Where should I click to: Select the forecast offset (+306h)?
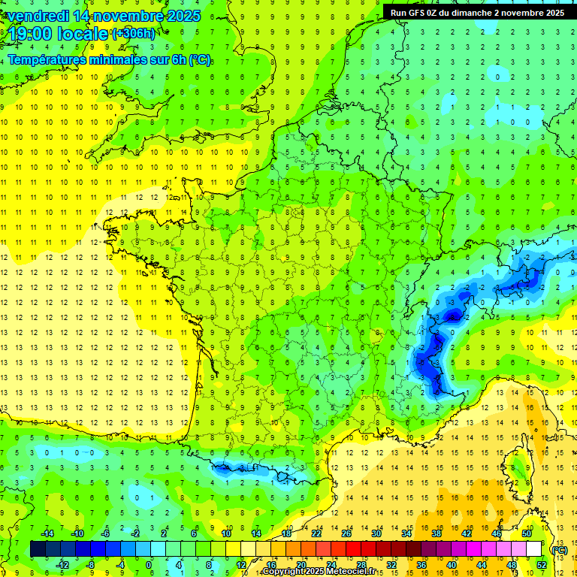(x=134, y=34)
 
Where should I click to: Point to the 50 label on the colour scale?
(x=526, y=533)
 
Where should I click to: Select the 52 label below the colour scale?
(x=541, y=565)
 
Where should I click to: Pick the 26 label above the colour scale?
(x=346, y=533)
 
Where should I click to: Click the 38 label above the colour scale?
(x=436, y=533)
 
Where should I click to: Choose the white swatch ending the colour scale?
(x=533, y=549)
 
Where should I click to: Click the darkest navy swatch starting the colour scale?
(x=38, y=549)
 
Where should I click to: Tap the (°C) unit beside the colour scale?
(x=559, y=550)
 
